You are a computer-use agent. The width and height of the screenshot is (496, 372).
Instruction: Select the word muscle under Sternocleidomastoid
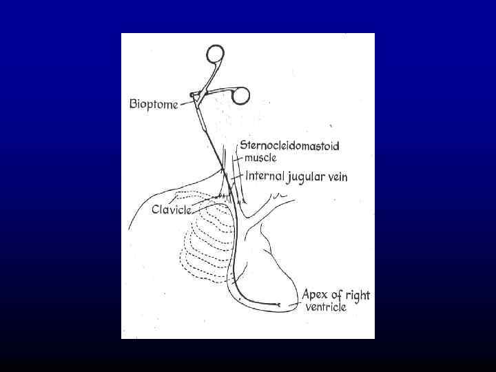[x=259, y=157]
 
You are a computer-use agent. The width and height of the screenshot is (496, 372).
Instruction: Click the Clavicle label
[x=172, y=209]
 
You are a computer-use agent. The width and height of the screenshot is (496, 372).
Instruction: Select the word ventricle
[x=326, y=307]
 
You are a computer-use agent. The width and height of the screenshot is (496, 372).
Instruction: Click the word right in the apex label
[x=358, y=296]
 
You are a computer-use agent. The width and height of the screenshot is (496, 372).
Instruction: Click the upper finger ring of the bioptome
[x=215, y=54]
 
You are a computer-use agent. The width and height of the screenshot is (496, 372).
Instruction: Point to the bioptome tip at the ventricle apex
[x=279, y=304]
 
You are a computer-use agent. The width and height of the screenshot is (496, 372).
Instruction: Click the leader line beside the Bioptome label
[x=185, y=103]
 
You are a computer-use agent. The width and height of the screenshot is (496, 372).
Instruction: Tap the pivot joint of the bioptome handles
[x=196, y=95]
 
